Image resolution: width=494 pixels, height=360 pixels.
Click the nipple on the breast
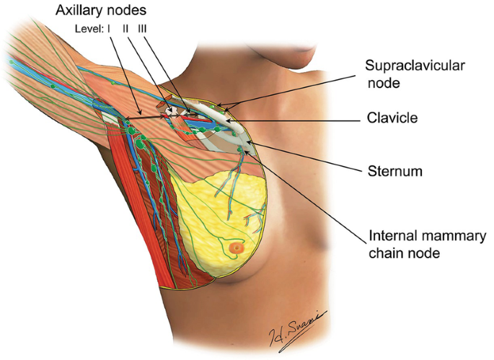tap(236, 249)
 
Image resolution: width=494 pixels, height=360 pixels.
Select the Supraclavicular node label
tap(415, 74)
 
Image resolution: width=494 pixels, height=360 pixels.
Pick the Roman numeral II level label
tap(125, 29)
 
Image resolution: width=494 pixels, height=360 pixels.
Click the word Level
tap(87, 29)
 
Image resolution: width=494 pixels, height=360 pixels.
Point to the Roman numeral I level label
tap(109, 29)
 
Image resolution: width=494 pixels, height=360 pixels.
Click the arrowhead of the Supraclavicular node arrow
tap(221, 107)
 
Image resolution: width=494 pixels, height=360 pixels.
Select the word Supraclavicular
tap(415, 66)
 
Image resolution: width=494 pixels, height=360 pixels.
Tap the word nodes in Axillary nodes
tap(148, 10)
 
